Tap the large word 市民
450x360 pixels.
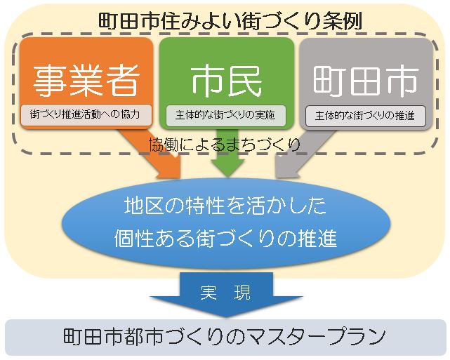point(226,79)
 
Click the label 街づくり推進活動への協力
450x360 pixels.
point(85,114)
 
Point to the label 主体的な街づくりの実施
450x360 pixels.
point(225,114)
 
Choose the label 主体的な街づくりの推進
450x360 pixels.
point(365,114)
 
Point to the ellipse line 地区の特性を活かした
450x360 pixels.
point(225,208)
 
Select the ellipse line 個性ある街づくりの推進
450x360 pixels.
point(225,239)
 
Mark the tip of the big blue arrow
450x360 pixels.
point(225,314)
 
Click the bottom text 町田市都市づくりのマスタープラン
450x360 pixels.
point(225,337)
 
